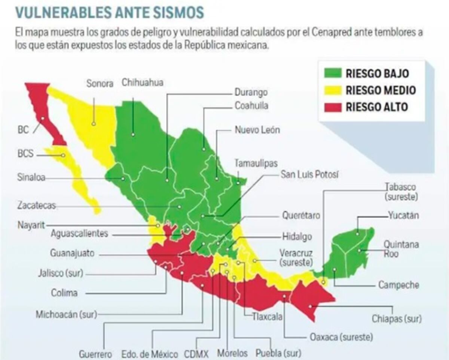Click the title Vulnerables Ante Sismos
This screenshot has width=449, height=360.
pyautogui.click(x=110, y=12)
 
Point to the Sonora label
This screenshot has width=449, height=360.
pyautogui.click(x=100, y=83)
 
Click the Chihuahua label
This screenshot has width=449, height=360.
pyautogui.click(x=143, y=82)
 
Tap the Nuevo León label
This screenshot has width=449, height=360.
pyautogui.click(x=257, y=130)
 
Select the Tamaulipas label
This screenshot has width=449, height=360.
pyautogui.click(x=256, y=163)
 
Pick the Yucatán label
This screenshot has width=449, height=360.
pyautogui.click(x=403, y=216)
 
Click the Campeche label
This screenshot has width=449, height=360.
pyautogui.click(x=398, y=285)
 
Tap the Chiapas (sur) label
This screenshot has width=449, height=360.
pyautogui.click(x=397, y=319)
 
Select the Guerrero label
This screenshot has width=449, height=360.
pyautogui.click(x=95, y=353)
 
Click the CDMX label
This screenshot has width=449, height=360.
pyautogui.click(x=196, y=353)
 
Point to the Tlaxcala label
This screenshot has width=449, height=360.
pyautogui.click(x=267, y=317)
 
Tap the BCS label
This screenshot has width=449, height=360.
pyautogui.click(x=25, y=153)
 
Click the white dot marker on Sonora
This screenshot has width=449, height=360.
pyautogui.click(x=94, y=123)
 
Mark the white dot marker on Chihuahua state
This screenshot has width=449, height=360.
pyautogui.click(x=133, y=134)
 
